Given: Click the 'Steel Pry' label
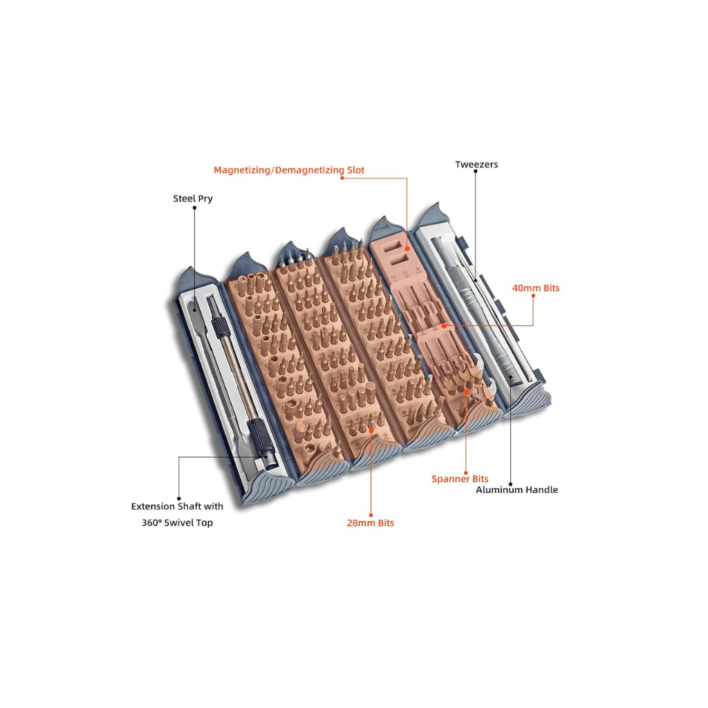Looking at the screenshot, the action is [193, 198].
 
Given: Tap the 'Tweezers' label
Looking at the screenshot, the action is [476, 165].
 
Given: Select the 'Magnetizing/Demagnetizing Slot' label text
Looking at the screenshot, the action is [289, 170].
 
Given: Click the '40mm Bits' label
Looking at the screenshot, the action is [536, 288].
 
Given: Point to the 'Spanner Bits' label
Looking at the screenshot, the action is [460, 478].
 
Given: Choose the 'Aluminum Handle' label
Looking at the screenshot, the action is [516, 490].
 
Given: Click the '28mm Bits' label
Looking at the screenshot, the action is [371, 523].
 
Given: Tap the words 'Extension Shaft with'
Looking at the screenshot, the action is [177, 506].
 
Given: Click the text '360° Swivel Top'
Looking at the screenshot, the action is [177, 523].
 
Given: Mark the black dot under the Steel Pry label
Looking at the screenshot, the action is [194, 207].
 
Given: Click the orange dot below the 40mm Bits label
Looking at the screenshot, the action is [533, 296].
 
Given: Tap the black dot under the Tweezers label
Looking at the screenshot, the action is [476, 171].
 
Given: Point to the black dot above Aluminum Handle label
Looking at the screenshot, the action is [511, 484].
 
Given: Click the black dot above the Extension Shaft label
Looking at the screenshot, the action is [179, 499].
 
